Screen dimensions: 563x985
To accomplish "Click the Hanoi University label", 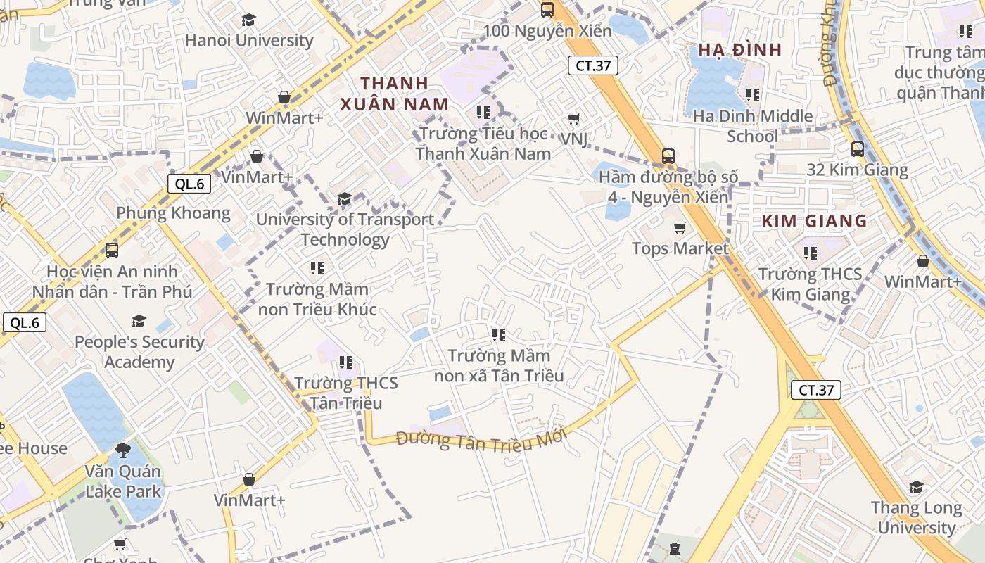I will (249, 40).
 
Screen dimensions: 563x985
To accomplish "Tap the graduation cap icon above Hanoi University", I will (248, 20).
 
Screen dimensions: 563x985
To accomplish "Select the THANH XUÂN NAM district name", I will (394, 94).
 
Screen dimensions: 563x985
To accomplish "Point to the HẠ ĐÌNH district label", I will (739, 50).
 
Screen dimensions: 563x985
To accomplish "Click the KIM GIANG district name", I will (814, 221).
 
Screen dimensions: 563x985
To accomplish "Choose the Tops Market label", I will (680, 248).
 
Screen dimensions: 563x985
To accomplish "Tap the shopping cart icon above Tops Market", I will (680, 228).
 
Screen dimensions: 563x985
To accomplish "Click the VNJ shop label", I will (574, 139).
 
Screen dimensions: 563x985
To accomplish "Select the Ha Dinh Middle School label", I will (752, 126).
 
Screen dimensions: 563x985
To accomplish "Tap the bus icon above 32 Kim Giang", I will (857, 149).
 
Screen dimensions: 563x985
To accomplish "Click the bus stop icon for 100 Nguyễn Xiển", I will (547, 10).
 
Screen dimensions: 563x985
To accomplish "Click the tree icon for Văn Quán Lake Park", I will (123, 450).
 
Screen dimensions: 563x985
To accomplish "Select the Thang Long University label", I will (915, 517).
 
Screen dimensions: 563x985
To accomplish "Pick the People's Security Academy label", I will (139, 352).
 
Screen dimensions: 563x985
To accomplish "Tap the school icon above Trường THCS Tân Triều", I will (345, 362).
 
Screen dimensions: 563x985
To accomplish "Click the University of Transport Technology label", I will (345, 229).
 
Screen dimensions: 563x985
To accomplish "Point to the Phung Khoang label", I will (173, 213).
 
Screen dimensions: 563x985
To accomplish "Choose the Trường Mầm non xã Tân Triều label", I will (499, 365).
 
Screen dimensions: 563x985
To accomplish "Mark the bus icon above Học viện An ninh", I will (111, 251).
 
